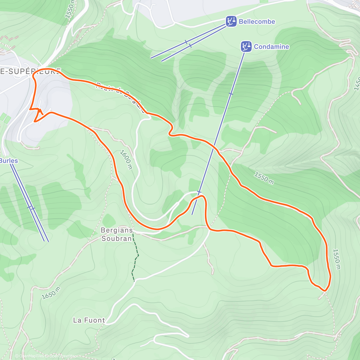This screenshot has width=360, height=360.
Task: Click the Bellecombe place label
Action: (x=257, y=22)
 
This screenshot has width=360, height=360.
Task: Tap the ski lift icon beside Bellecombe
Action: (x=231, y=22)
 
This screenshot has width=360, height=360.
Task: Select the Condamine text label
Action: (x=271, y=46)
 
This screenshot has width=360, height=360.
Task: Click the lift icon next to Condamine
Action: (x=246, y=46)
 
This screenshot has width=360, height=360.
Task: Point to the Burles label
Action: (x=9, y=161)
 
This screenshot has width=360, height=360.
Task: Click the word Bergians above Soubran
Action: (x=117, y=230)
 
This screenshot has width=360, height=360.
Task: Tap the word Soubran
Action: (x=117, y=238)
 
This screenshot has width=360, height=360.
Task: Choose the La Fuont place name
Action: (x=89, y=320)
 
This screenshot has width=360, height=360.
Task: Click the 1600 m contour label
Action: (x=126, y=160)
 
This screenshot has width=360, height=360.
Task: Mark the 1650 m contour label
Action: (x=51, y=293)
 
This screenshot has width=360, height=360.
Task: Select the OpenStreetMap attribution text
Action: (x=63, y=356)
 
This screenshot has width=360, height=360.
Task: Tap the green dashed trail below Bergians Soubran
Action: (x=135, y=258)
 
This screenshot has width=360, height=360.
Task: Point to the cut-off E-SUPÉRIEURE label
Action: (x=30, y=71)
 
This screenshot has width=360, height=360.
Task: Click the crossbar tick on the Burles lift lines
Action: (x=31, y=208)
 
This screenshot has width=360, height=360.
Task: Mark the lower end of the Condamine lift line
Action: (x=192, y=214)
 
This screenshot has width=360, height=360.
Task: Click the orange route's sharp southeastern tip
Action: (x=325, y=290)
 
